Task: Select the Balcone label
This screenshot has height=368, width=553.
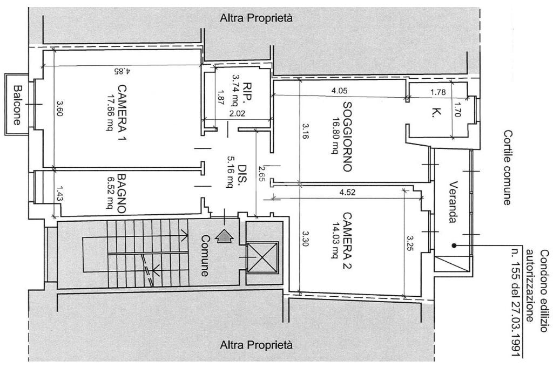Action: pos(17,105)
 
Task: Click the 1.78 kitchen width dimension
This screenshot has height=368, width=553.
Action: pos(437,93)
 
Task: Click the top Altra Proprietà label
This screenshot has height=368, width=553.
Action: pos(257,18)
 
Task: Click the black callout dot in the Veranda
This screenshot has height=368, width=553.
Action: pos(455,244)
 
